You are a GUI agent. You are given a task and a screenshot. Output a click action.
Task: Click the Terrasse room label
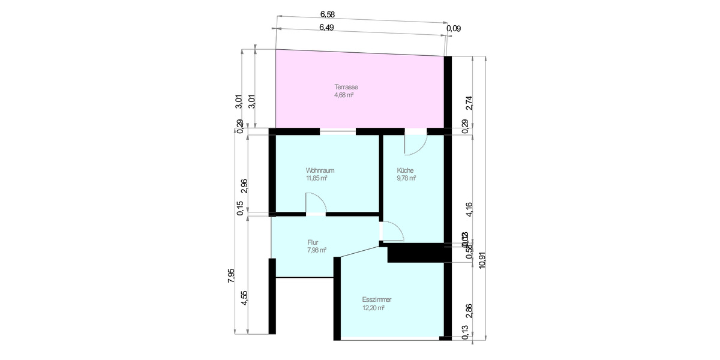346,87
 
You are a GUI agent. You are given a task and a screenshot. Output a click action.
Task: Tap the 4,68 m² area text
344,95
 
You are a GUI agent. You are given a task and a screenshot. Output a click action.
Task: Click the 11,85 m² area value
316,178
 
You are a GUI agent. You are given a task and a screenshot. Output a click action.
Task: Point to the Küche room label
405,170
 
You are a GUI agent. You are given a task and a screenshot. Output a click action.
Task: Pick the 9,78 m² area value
406,178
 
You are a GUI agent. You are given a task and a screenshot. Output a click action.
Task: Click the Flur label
312,242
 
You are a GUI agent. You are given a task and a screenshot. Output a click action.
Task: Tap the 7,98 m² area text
316,250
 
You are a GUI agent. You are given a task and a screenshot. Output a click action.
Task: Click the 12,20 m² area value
373,307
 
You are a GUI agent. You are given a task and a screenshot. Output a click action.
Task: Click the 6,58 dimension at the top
328,14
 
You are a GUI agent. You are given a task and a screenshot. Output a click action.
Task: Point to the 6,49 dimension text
326,28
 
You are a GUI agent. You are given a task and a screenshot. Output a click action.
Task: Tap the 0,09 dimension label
454,28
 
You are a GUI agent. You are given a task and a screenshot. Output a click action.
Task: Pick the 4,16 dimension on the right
469,209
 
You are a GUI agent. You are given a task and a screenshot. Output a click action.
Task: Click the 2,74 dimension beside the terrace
469,103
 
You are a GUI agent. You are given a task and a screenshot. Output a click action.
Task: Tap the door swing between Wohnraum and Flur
316,203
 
